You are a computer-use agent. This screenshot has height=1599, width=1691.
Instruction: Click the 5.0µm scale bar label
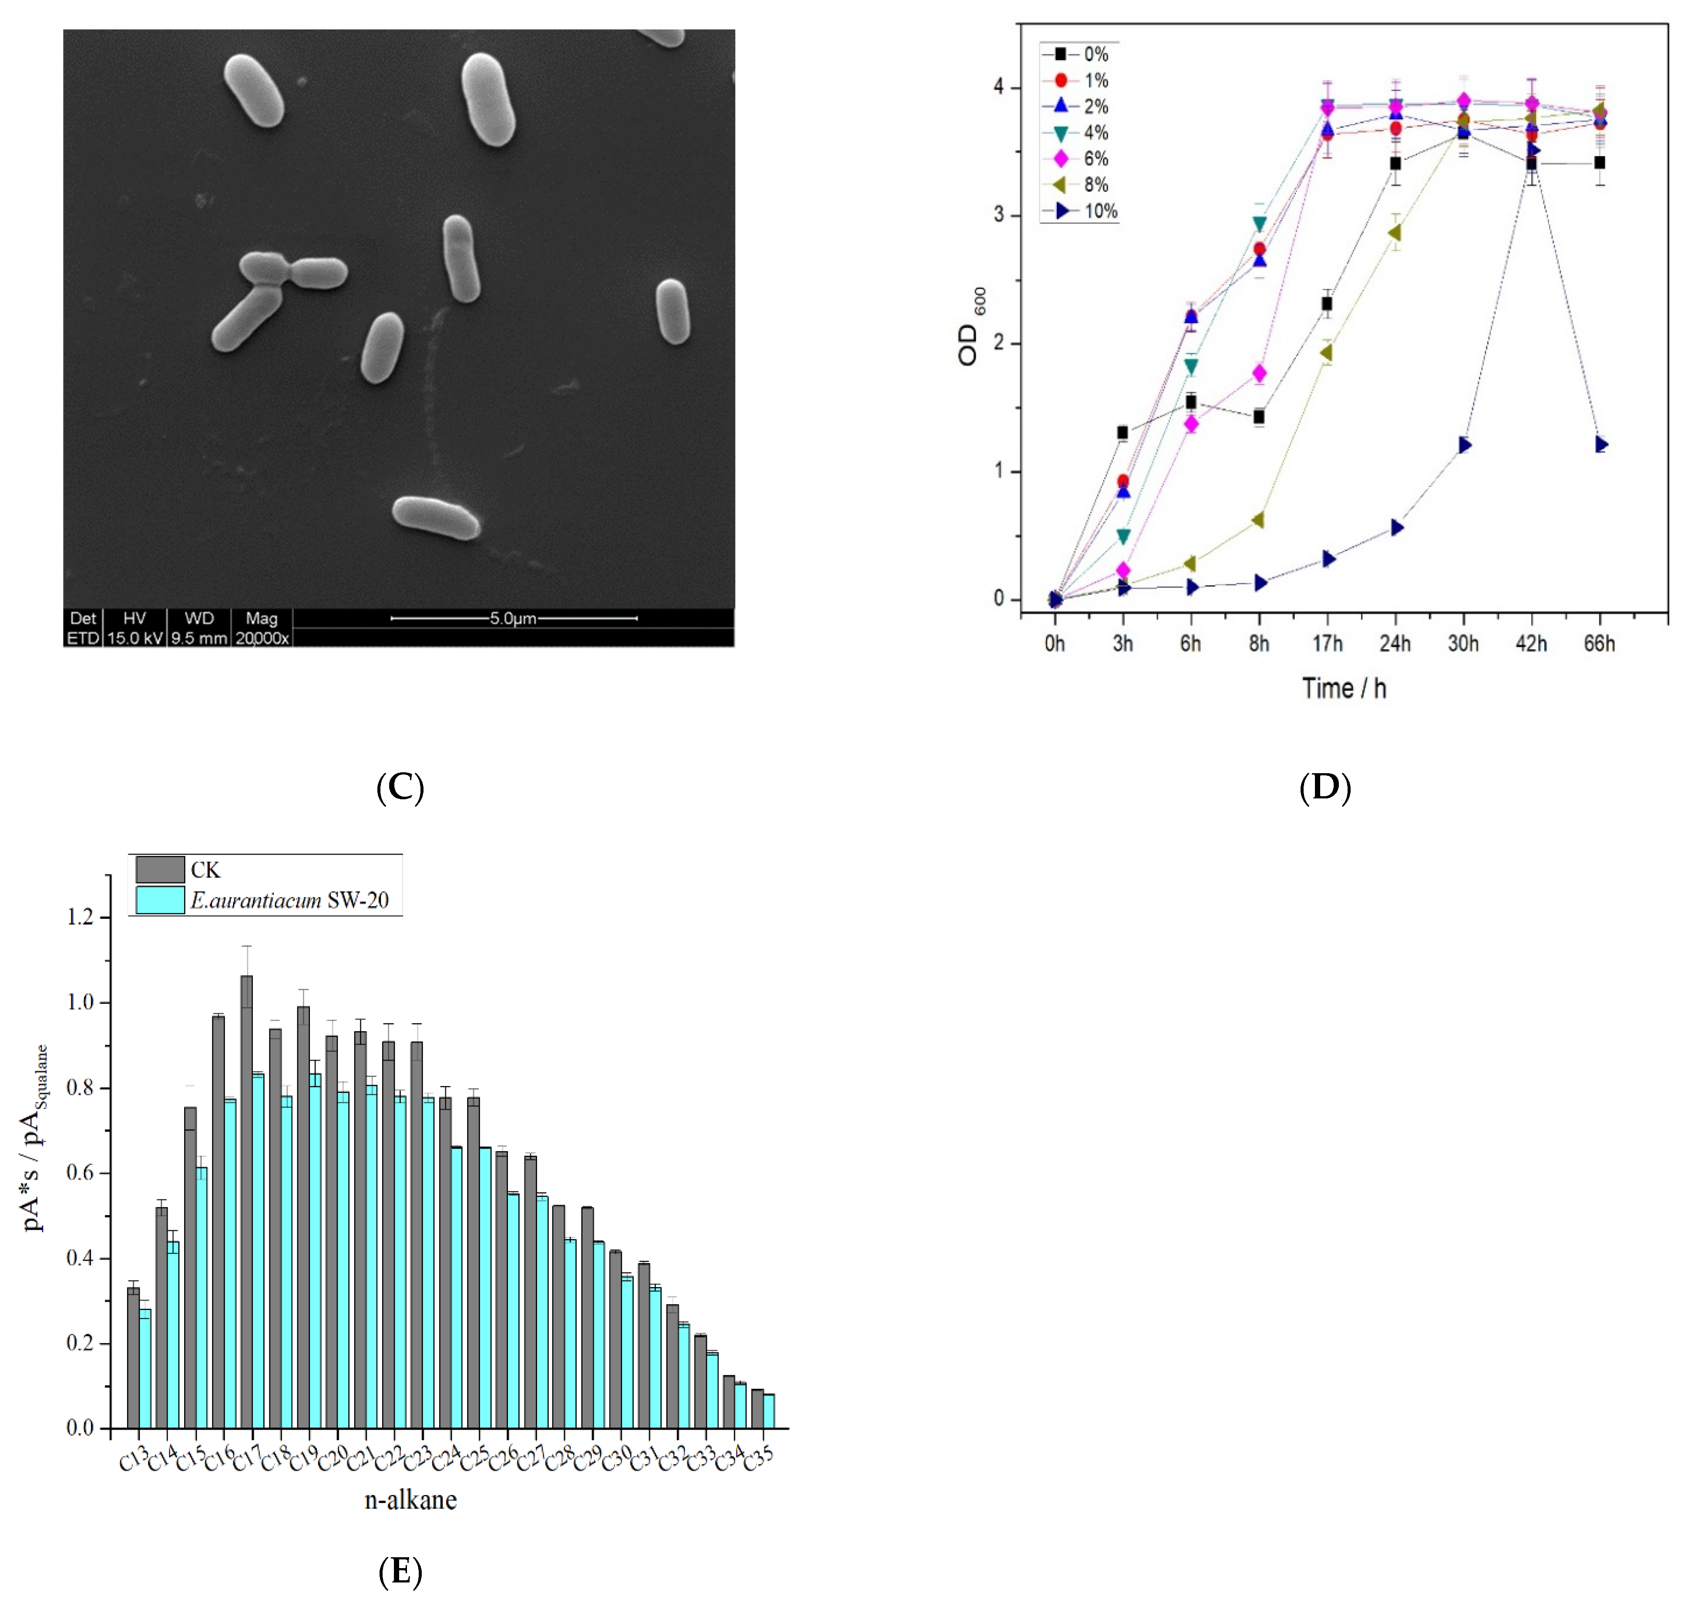(512, 618)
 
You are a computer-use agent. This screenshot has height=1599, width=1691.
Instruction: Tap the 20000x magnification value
(262, 637)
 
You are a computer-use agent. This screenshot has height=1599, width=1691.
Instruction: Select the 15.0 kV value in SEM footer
(135, 637)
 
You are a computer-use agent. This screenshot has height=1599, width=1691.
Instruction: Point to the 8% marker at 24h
(1395, 233)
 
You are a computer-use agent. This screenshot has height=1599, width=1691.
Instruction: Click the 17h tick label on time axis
(1327, 644)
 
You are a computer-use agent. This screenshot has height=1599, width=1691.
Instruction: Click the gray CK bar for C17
(246, 1193)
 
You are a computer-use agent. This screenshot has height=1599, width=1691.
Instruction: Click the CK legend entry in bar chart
(179, 869)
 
